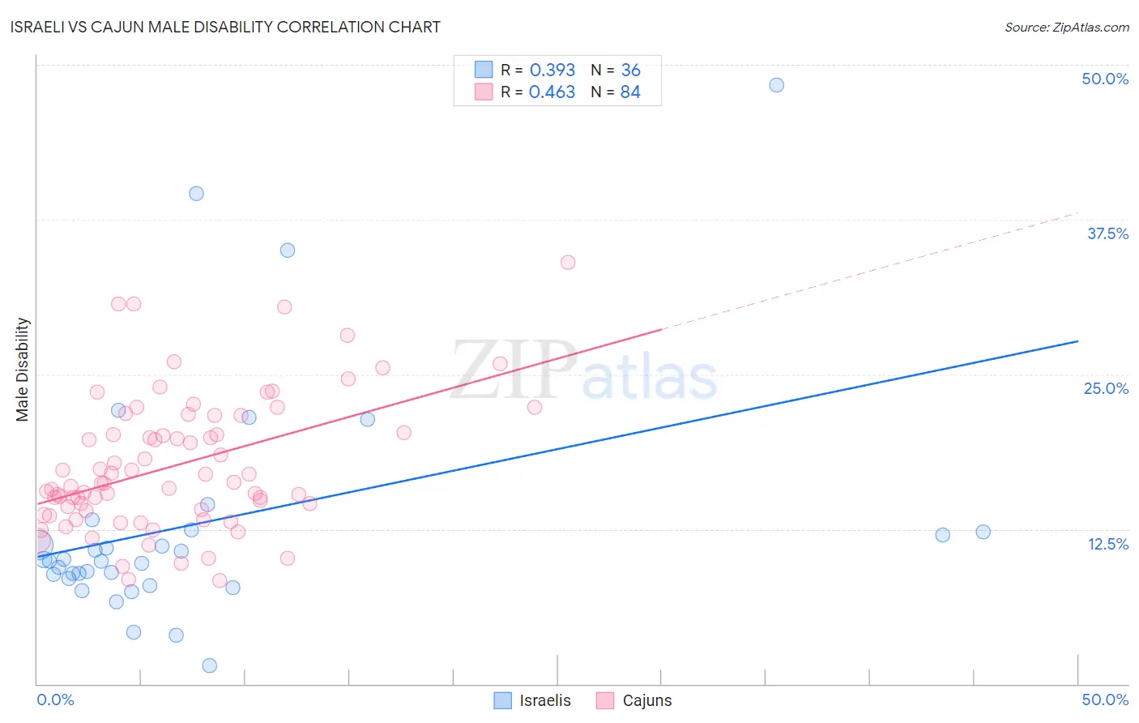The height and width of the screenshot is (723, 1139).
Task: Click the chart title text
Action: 225,27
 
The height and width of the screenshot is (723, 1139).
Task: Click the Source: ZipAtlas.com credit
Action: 1066,27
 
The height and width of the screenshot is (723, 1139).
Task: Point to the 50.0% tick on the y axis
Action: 1105,79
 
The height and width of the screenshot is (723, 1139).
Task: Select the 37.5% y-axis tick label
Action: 1107,233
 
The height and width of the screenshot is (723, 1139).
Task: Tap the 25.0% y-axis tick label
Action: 1106,388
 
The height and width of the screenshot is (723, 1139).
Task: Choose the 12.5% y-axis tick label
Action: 1107,544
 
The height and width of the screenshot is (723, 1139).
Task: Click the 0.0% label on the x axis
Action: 55,699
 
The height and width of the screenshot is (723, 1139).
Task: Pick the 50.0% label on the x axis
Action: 1105,699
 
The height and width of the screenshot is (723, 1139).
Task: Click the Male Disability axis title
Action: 23,370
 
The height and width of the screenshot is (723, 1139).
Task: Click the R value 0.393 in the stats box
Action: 552,71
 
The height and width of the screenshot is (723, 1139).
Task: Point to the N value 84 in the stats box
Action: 630,92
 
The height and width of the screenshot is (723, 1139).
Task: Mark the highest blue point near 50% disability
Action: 776,85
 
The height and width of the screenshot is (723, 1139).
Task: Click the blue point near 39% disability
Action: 196,194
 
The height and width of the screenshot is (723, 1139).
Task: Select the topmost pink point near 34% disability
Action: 568,263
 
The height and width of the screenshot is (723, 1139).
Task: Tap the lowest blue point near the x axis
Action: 209,665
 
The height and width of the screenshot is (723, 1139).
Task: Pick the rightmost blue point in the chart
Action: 983,533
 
